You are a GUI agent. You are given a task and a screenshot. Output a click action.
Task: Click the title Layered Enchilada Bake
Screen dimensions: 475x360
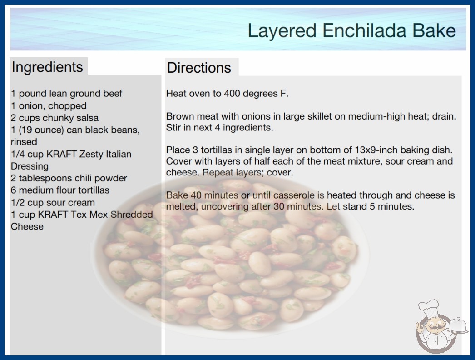[351, 31]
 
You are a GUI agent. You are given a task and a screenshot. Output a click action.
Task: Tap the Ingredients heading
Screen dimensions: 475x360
[47, 67]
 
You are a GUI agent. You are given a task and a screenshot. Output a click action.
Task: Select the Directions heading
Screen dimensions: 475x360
[199, 68]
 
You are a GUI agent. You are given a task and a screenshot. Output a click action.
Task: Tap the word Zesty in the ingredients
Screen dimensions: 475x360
[91, 154]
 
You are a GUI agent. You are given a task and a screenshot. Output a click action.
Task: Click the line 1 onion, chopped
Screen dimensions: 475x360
[49, 106]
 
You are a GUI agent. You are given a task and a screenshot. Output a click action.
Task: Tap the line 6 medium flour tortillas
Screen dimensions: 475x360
[60, 190]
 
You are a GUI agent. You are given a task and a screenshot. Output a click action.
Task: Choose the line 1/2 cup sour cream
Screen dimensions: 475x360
[53, 203]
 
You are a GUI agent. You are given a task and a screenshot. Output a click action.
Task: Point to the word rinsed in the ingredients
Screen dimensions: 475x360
[24, 142]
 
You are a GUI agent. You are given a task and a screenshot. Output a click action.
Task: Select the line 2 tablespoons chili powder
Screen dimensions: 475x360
[69, 178]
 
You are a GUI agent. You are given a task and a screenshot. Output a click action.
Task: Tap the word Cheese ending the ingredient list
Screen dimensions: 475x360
[27, 226]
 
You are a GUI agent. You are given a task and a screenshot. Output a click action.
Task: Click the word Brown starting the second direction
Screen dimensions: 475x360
[179, 116]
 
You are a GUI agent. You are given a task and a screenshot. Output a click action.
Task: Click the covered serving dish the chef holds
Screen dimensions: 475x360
[457, 326]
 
